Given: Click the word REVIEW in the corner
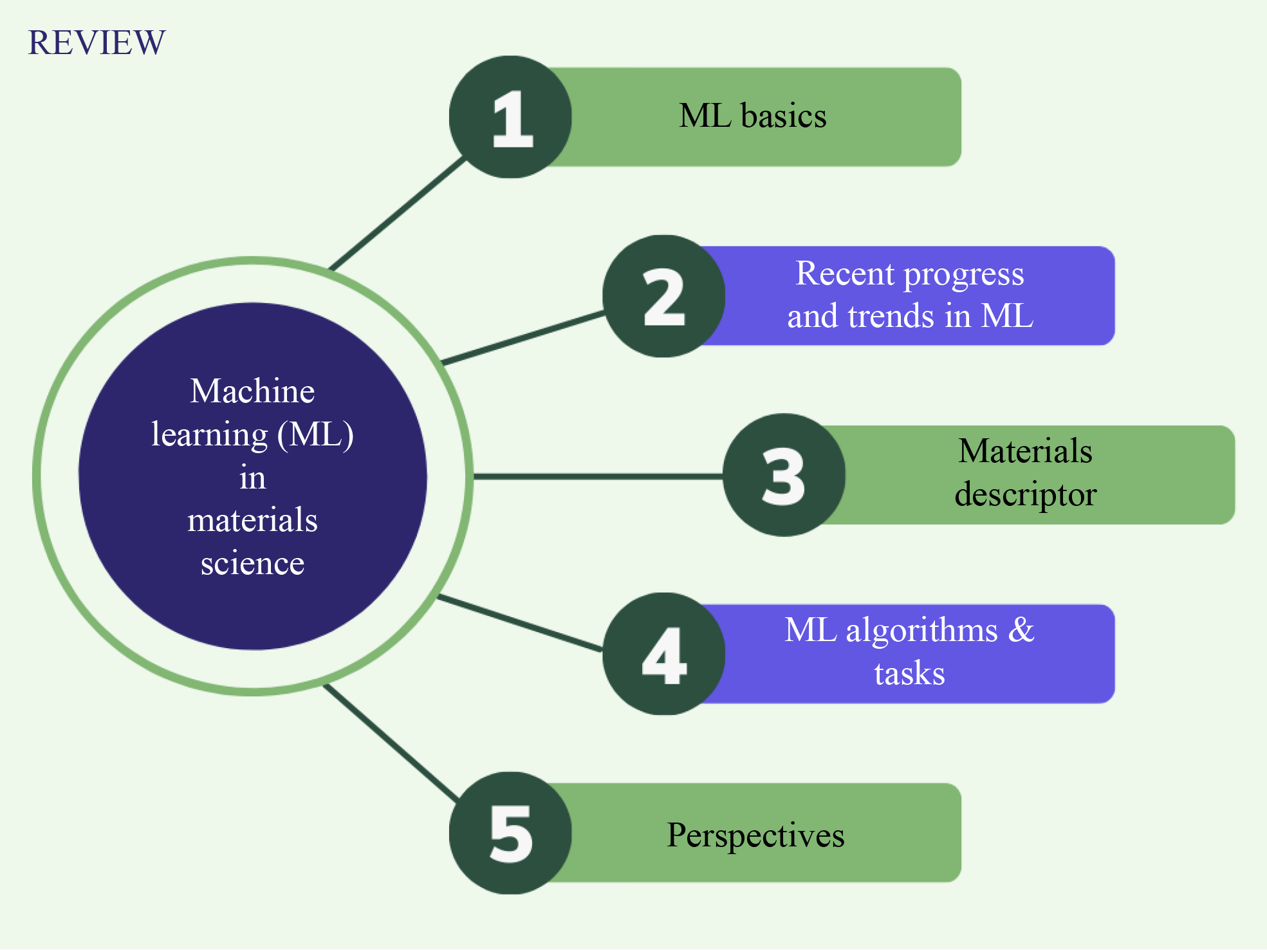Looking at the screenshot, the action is pyautogui.click(x=97, y=42).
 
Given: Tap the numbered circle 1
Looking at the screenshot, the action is pyautogui.click(x=510, y=117).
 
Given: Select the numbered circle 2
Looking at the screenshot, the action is pyautogui.click(x=663, y=296).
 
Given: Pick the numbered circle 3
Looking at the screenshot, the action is pyautogui.click(x=784, y=475).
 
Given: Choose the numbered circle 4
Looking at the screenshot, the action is pyautogui.click(x=663, y=654).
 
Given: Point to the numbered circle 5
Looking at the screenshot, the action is pyautogui.click(x=510, y=833).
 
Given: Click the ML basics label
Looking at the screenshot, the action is pyautogui.click(x=753, y=116).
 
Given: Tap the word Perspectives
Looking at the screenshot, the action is pyautogui.click(x=755, y=835).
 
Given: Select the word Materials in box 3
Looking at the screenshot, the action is pyautogui.click(x=1025, y=451).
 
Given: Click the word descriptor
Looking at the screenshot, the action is pyautogui.click(x=1025, y=495).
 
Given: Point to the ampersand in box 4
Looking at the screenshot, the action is pyautogui.click(x=1021, y=629).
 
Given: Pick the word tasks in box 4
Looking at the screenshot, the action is pyautogui.click(x=909, y=673).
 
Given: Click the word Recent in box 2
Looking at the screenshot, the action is pyautogui.click(x=846, y=273).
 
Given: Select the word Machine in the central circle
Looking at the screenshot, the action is pyautogui.click(x=252, y=391).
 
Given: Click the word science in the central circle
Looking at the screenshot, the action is pyautogui.click(x=252, y=564).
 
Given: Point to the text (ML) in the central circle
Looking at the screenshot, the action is pyautogui.click(x=315, y=435).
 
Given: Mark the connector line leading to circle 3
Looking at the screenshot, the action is pyautogui.click(x=598, y=476).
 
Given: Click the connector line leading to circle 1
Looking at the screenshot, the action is pyautogui.click(x=397, y=213).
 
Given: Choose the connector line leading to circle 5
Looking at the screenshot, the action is pyautogui.click(x=391, y=743).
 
